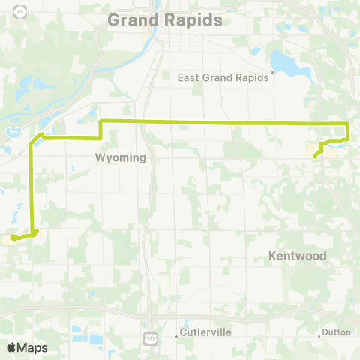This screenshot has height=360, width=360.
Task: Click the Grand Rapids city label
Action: point(165,19)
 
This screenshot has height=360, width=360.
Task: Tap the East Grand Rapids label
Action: point(223,76)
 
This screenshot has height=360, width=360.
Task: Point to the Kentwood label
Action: point(298,256)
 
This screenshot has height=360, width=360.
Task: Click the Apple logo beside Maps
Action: point(11,347)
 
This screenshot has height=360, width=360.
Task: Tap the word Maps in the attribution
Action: point(32,347)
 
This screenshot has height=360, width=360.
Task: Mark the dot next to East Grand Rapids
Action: point(273,73)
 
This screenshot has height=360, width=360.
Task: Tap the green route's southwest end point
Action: point(13,238)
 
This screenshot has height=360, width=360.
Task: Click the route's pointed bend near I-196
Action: point(40,134)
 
